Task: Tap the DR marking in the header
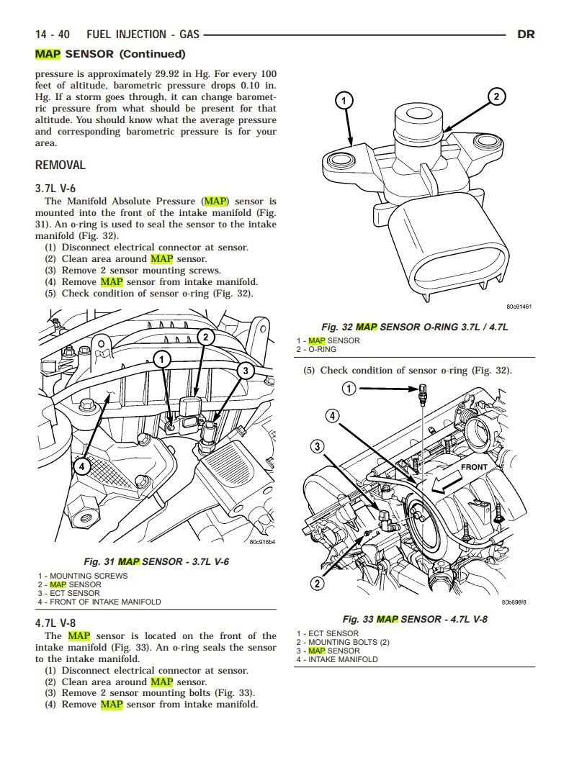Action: [526, 34]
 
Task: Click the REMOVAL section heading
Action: [61, 165]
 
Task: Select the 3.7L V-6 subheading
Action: [55, 188]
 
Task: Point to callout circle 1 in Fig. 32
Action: [345, 100]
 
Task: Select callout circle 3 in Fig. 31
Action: [246, 371]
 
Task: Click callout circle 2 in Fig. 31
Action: [205, 337]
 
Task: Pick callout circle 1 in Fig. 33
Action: [349, 389]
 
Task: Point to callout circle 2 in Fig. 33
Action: [318, 583]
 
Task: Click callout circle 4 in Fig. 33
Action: [333, 415]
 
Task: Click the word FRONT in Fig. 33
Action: [474, 467]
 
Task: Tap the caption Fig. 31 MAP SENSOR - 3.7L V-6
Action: [156, 561]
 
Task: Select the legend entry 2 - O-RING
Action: [316, 349]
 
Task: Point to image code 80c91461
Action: [519, 306]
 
